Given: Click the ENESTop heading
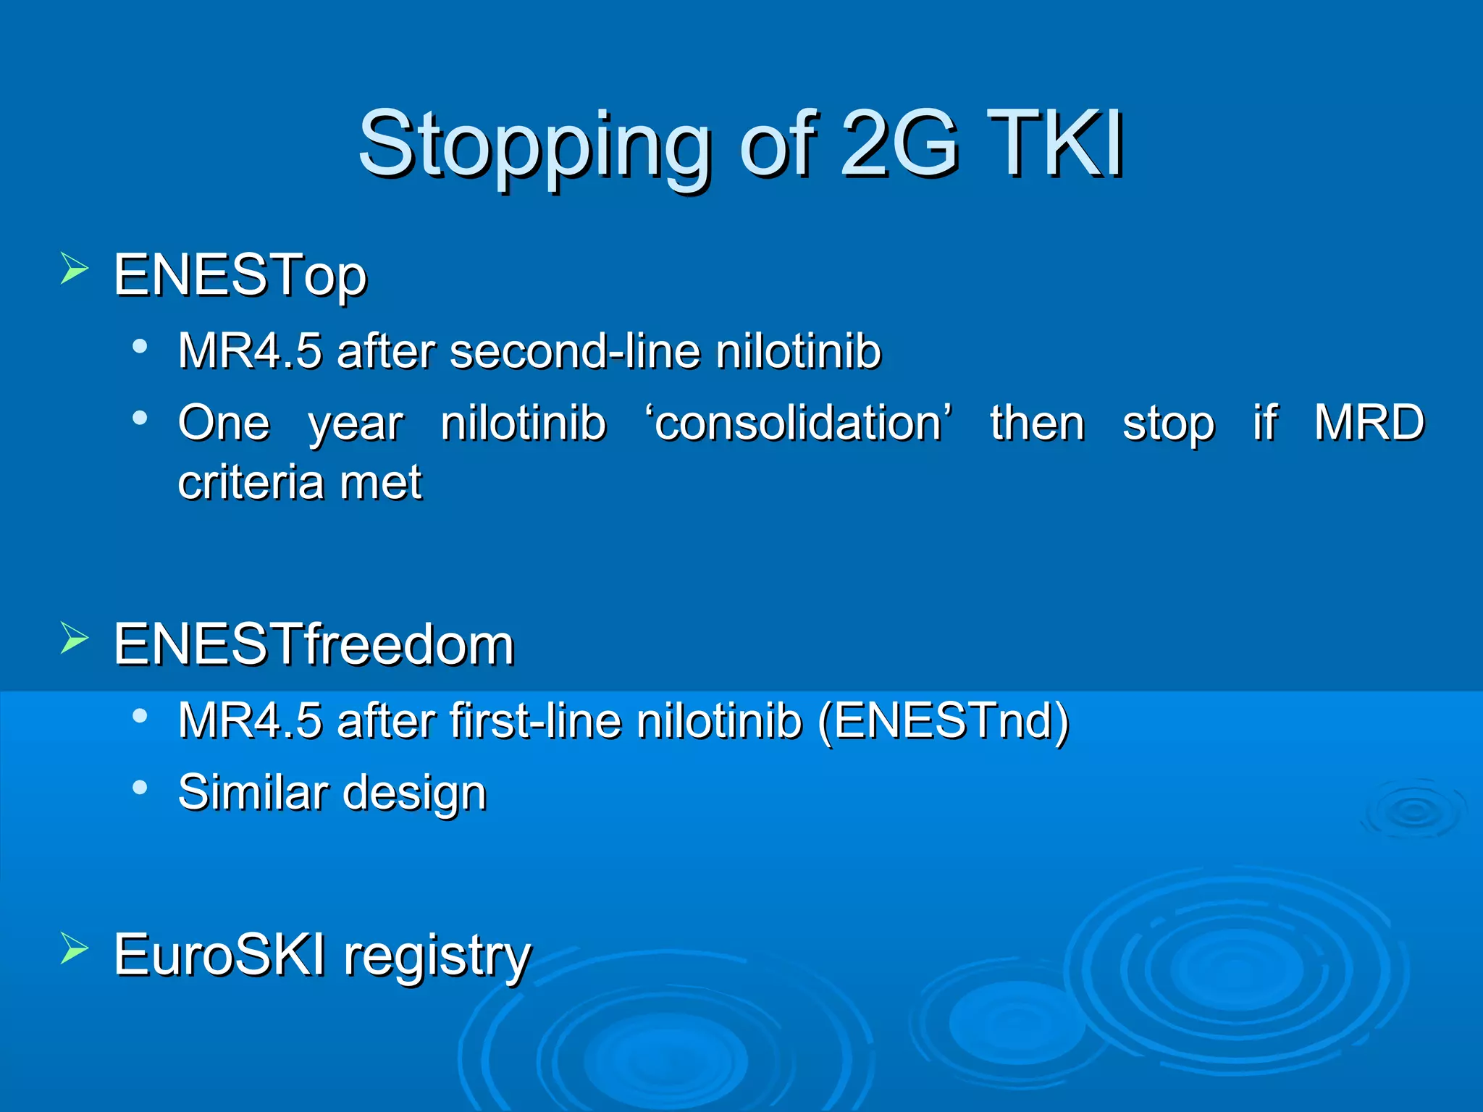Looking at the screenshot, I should [240, 276].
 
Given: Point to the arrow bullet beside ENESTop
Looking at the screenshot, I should [74, 269].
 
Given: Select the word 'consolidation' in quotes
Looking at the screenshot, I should [798, 423].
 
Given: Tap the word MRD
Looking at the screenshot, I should [1369, 423].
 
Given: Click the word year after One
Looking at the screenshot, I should [356, 424].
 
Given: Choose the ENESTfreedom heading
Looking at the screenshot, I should [314, 644].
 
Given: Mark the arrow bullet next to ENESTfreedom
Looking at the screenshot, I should [74, 638].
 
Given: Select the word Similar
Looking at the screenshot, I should [253, 792].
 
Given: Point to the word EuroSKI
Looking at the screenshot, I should [219, 955].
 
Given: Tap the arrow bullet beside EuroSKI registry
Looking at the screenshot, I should [74, 948].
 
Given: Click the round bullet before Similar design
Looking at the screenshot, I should [140, 787].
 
